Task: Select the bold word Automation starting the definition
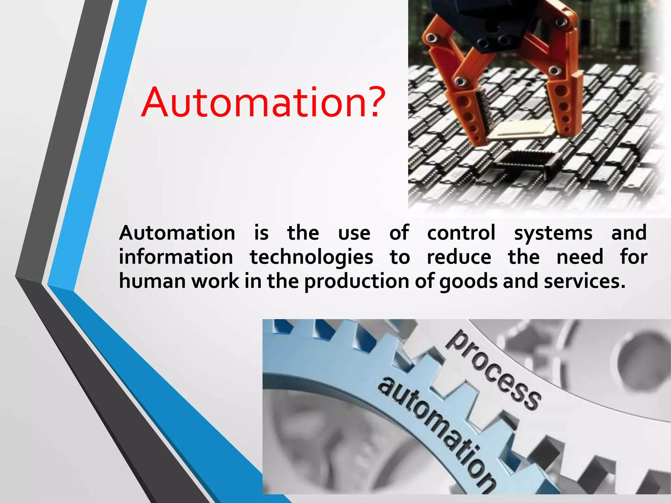pos(177,233)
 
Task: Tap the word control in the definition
pos(461,233)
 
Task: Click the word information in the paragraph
pos(176,257)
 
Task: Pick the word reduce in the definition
pos(459,257)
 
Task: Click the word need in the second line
pos(580,257)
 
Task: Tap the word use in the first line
pos(354,233)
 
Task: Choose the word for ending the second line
pos(634,257)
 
